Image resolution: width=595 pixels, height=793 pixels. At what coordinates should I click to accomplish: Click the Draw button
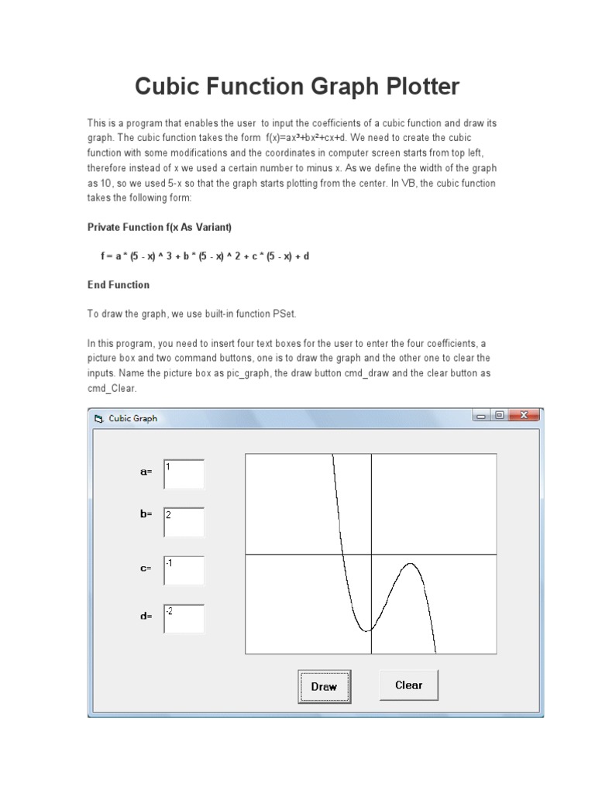point(324,686)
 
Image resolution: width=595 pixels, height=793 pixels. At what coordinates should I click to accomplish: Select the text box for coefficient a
point(184,474)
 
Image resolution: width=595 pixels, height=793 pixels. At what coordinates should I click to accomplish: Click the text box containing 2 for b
point(184,522)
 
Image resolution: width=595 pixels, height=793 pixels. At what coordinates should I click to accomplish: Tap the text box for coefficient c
point(184,570)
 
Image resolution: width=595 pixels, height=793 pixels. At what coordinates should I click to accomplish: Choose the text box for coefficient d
point(184,619)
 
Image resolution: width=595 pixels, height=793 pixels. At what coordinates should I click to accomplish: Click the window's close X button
point(524,416)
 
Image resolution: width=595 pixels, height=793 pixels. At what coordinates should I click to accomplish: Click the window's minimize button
point(481,416)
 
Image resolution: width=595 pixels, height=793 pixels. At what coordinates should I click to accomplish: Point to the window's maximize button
point(500,416)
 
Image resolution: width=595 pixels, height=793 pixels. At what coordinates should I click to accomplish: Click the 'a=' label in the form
point(146,472)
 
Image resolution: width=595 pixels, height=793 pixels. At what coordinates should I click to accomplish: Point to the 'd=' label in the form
point(146,616)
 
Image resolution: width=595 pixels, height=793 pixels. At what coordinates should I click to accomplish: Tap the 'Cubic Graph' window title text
point(132,418)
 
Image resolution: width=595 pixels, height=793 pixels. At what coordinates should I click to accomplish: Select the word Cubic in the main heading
point(166,86)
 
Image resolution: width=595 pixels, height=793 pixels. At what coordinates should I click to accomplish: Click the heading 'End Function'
point(119,285)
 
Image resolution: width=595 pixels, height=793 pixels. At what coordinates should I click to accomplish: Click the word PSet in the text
point(283,314)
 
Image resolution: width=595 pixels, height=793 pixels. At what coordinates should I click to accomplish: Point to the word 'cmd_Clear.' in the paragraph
point(112,388)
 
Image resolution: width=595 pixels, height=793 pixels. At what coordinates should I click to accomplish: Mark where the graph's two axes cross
point(371,554)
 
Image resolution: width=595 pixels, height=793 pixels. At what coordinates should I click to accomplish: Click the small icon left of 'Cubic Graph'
point(98,418)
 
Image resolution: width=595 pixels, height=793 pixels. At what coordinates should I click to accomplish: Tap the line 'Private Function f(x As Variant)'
point(160,227)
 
